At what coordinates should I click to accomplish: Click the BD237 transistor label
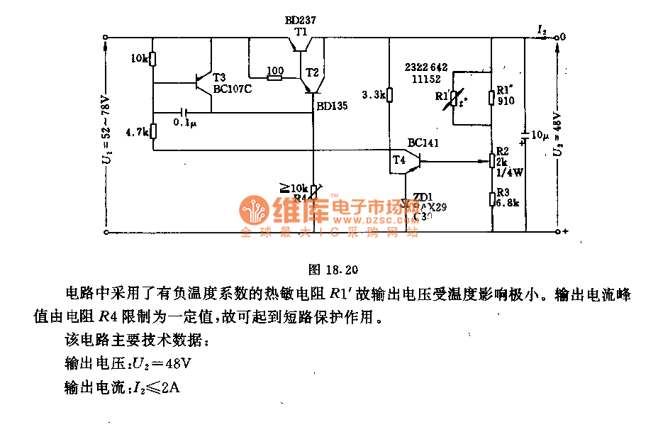[301, 21]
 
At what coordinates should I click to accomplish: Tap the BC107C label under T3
[233, 89]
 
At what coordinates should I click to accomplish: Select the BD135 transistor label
[332, 106]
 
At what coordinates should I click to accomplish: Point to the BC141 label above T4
[423, 143]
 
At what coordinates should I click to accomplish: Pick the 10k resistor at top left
[153, 59]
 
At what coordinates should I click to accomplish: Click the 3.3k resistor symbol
[389, 95]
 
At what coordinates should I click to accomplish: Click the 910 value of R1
[506, 101]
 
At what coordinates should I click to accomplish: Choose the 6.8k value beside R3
[508, 202]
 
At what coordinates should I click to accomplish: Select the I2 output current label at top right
[542, 30]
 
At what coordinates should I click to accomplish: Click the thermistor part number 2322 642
[426, 67]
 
